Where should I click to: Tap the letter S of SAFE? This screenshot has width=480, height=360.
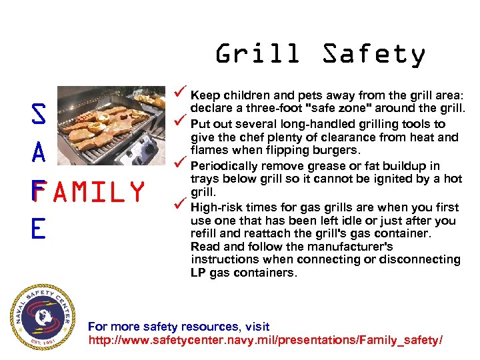point(39,115)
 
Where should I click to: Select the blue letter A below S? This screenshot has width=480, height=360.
point(39,153)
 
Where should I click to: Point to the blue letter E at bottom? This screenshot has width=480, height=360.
point(38,229)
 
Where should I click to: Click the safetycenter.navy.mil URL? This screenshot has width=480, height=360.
point(265,341)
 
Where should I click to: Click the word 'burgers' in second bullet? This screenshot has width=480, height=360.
point(336,150)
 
